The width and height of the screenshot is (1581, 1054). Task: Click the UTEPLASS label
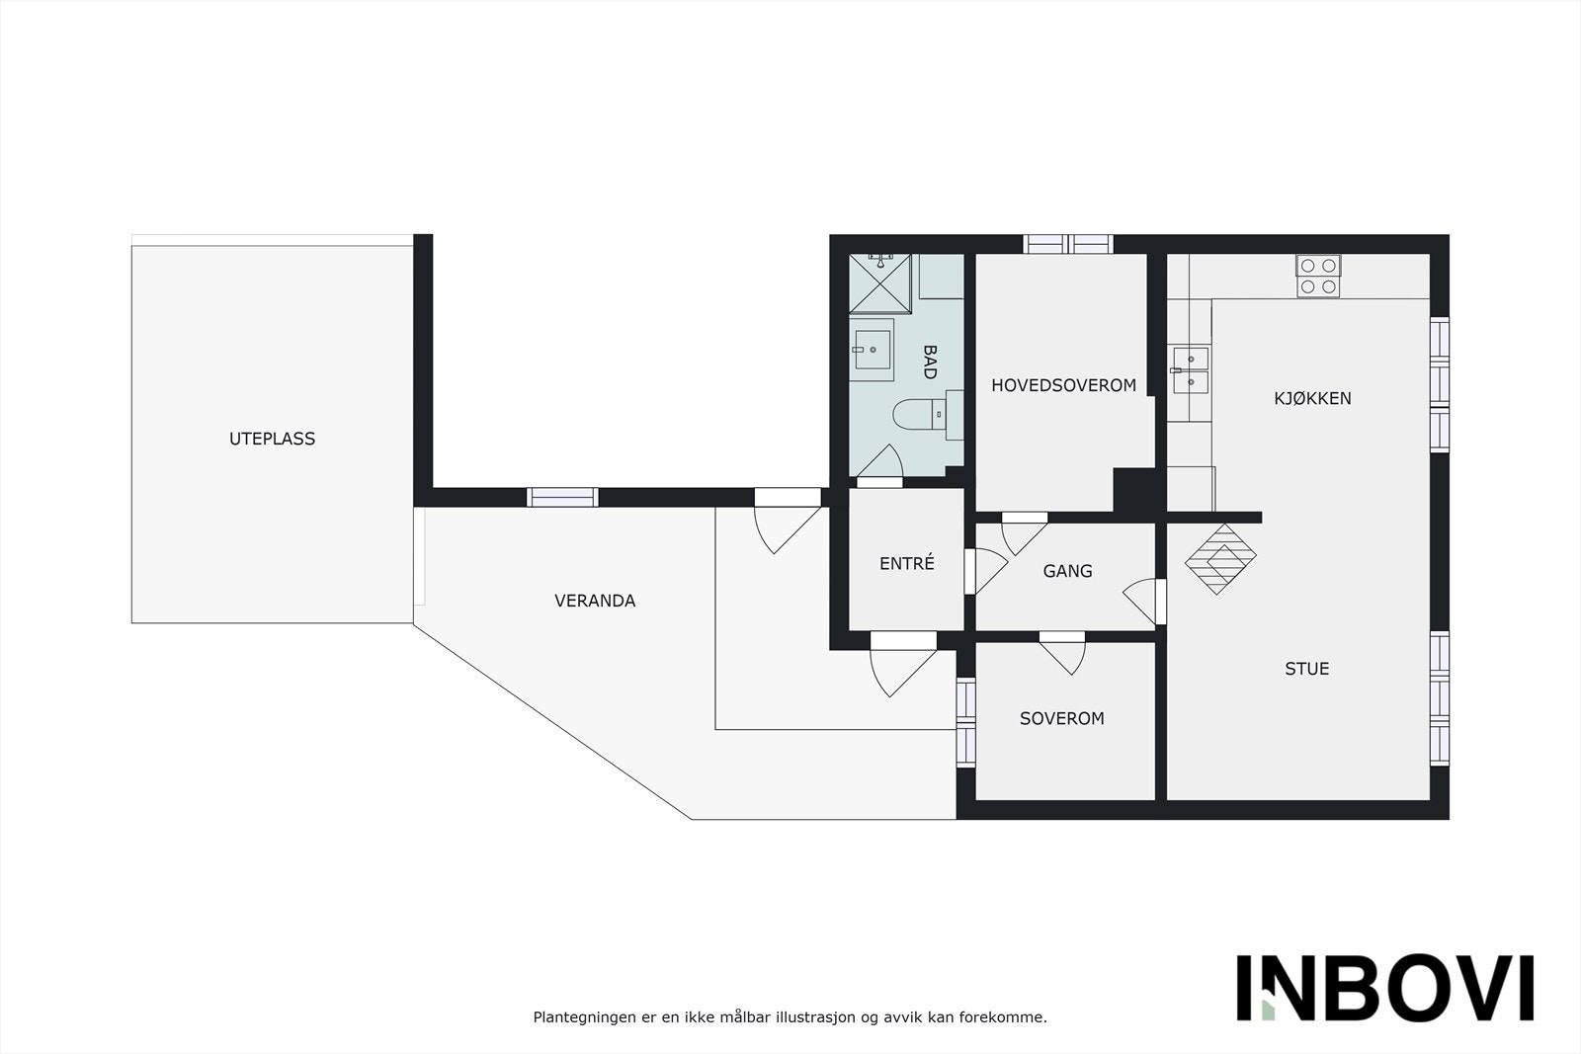272,439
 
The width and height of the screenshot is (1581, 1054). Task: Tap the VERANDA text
595,601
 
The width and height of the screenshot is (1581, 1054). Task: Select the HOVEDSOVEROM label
1063,385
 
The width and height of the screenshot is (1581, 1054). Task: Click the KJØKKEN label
1312,398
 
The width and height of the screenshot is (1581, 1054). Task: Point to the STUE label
1306,669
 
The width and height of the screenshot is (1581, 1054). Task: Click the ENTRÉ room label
906,563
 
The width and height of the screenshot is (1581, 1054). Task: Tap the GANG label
1067,571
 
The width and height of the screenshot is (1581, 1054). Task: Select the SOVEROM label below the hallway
1061,718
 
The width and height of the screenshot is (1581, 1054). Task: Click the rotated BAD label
929,362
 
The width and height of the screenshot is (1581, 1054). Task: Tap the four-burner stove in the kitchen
1318,276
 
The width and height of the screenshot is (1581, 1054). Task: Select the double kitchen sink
1191,368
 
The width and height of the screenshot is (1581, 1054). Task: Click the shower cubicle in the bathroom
880,283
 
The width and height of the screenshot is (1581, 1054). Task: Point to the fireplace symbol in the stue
1220,558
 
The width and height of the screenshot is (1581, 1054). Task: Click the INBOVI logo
1384,988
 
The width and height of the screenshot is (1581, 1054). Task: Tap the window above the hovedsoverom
1068,244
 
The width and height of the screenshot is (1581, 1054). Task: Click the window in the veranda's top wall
562,497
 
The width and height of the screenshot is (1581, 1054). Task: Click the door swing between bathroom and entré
883,463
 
